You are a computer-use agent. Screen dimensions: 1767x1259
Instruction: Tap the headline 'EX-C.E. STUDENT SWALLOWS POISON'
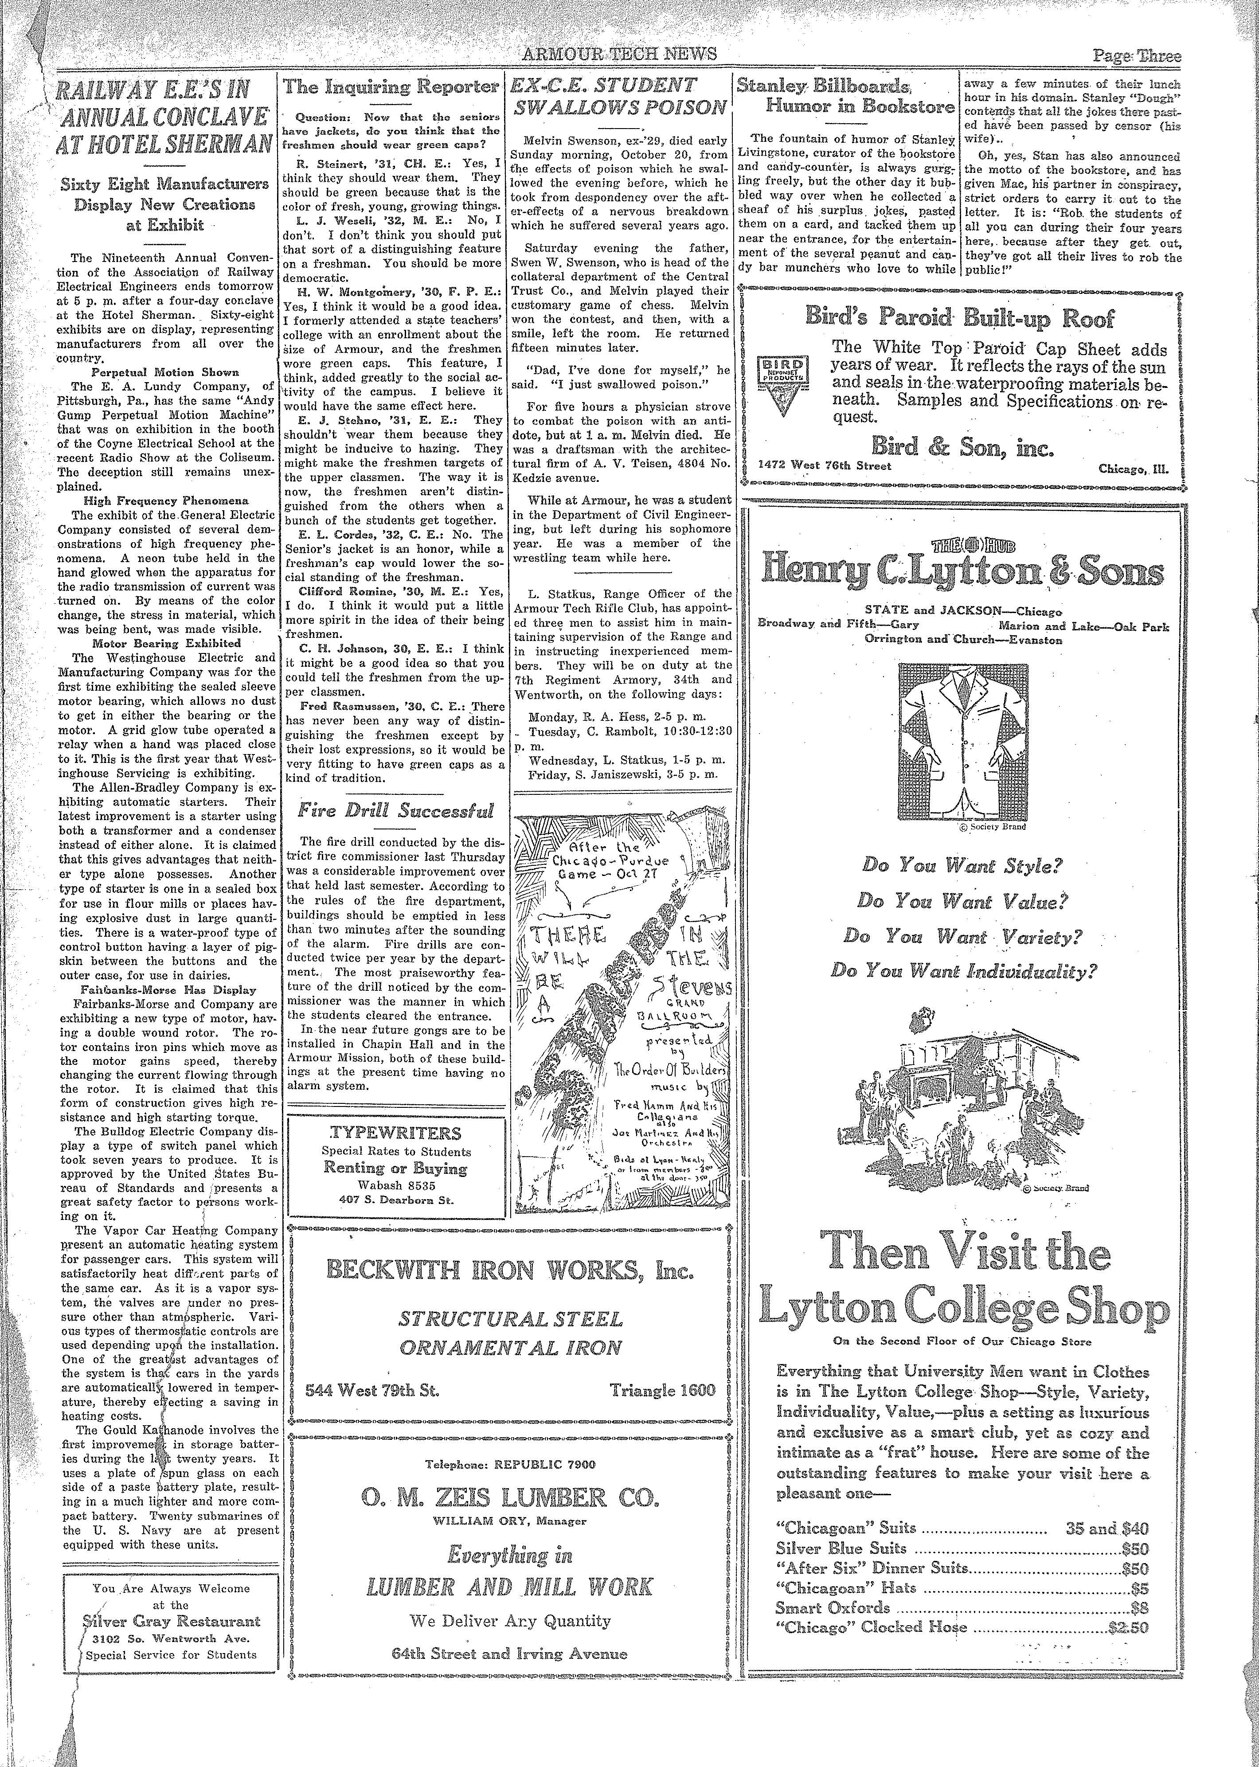coord(619,96)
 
